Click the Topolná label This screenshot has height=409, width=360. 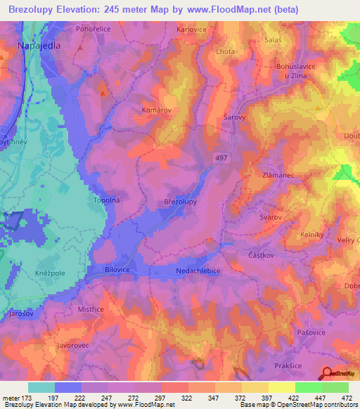[108, 200]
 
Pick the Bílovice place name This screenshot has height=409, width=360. [118, 269]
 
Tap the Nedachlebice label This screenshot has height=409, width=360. [198, 269]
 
